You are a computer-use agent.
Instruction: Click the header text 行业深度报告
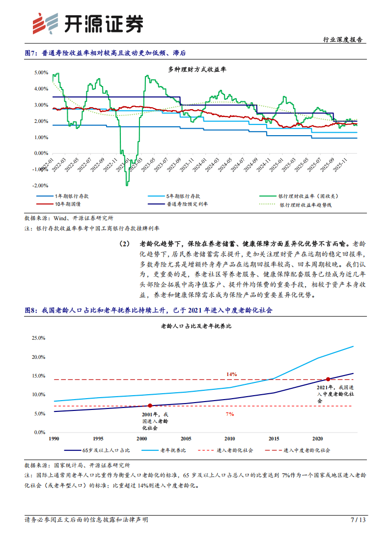point(344,40)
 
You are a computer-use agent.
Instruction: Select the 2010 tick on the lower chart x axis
point(229,438)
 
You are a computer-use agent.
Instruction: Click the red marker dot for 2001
point(150,406)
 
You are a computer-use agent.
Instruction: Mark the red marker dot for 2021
point(328,379)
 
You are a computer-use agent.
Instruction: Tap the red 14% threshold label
point(231,374)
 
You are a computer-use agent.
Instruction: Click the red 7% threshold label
point(229,414)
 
